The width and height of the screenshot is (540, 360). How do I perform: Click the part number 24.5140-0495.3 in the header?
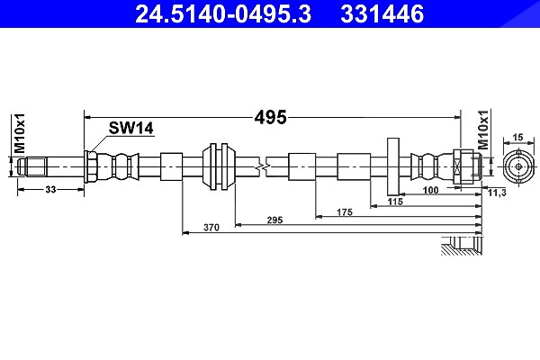pyautogui.click(x=223, y=14)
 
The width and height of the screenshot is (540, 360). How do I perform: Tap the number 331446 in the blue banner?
pyautogui.click(x=382, y=14)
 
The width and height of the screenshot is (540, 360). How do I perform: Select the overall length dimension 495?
pyautogui.click(x=270, y=118)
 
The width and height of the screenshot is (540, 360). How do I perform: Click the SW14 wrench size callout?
pyautogui.click(x=130, y=128)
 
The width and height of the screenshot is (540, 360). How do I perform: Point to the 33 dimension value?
pyautogui.click(x=50, y=190)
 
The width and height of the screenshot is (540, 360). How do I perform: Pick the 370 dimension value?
pyautogui.click(x=211, y=228)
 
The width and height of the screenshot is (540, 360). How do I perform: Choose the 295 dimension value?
pyautogui.click(x=274, y=220)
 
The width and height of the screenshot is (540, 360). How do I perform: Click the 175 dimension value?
pyautogui.click(x=345, y=212)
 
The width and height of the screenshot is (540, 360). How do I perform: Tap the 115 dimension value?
pyautogui.click(x=395, y=202)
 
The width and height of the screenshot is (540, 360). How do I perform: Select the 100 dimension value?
pyautogui.click(x=431, y=190)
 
